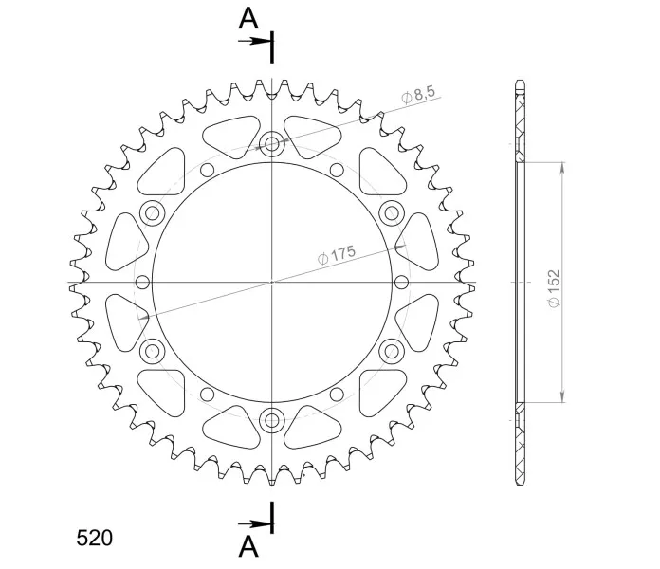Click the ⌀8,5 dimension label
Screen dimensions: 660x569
coord(418,95)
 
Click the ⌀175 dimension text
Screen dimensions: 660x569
coord(337,254)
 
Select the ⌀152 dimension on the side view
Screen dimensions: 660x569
coord(555,288)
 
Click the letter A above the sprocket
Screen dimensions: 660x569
coord(248,19)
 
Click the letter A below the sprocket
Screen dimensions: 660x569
coord(248,546)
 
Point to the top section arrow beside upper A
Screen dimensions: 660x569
coord(254,41)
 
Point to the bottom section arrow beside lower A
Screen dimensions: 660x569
coord(254,524)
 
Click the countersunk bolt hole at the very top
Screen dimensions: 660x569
coord(272,144)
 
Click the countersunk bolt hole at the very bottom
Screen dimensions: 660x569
coord(272,419)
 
